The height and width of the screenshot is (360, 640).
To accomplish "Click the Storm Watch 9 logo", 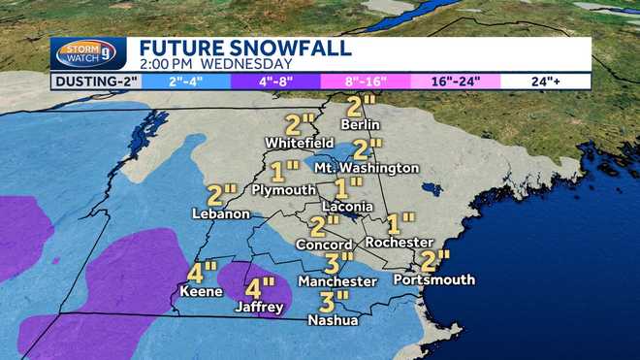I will tap(89, 53).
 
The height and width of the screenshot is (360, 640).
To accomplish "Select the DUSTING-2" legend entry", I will tap(94, 82).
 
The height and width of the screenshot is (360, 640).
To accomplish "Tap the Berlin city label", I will tap(360, 124).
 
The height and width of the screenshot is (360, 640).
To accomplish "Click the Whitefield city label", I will tap(300, 143).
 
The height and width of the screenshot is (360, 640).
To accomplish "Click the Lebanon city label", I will tap(215, 213).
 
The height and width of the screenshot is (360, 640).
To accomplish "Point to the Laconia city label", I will tap(347, 207).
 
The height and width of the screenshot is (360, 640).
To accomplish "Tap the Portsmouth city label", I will tap(434, 279).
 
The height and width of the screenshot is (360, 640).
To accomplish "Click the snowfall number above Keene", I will tap(203, 272).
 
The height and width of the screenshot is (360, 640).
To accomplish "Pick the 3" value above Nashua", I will tap(334, 301).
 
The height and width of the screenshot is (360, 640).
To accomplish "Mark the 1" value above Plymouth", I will tap(284, 172).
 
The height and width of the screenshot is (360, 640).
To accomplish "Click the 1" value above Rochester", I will tap(400, 222).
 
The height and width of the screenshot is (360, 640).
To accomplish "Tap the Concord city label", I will tap(322, 244).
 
